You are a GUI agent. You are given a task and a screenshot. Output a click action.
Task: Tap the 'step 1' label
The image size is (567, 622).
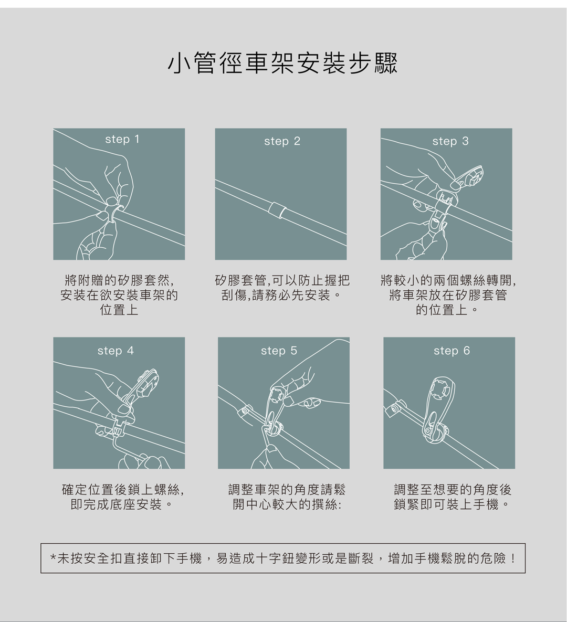pos(122,139)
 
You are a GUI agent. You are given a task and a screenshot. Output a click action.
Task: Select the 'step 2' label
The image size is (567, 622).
pos(282,141)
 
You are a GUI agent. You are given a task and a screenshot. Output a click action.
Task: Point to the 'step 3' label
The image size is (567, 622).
pos(450,141)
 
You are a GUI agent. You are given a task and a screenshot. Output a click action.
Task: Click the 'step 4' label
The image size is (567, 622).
pos(115,351)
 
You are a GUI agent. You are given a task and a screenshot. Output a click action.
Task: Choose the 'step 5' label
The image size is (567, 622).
pos(279,351)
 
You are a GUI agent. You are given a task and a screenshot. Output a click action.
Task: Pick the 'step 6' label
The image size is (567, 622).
pos(451,351)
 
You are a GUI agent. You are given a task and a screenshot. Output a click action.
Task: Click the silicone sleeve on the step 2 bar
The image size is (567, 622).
pos(278,209)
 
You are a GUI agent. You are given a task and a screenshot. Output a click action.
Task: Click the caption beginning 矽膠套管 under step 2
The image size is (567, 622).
pos(282,288)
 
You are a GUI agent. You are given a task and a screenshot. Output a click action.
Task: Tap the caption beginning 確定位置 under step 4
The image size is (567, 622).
pos(123,497)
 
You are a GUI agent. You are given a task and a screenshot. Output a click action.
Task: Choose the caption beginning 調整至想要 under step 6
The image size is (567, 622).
pos(453,497)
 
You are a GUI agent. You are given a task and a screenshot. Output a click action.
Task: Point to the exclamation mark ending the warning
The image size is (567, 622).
pos(513,559)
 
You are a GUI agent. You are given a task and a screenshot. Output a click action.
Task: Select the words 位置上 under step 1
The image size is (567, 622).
pos(119,310)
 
